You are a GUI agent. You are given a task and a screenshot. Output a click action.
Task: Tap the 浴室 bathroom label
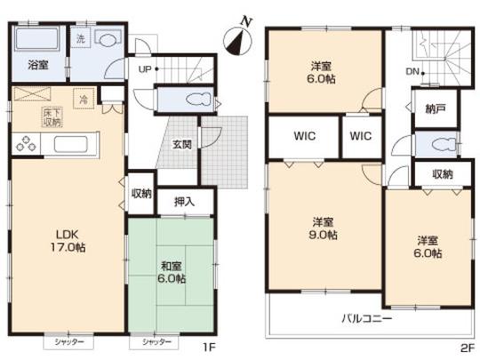pyautogui.click(x=37, y=65)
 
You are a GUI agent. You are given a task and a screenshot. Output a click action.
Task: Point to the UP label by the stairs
pyautogui.click(x=143, y=68)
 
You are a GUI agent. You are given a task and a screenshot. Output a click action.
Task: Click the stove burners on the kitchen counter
pyautogui.click(x=27, y=143)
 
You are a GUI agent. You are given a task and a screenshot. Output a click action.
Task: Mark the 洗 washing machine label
pyautogui.click(x=80, y=39)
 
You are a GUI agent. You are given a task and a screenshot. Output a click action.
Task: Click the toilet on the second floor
pyautogui.click(x=433, y=145)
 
